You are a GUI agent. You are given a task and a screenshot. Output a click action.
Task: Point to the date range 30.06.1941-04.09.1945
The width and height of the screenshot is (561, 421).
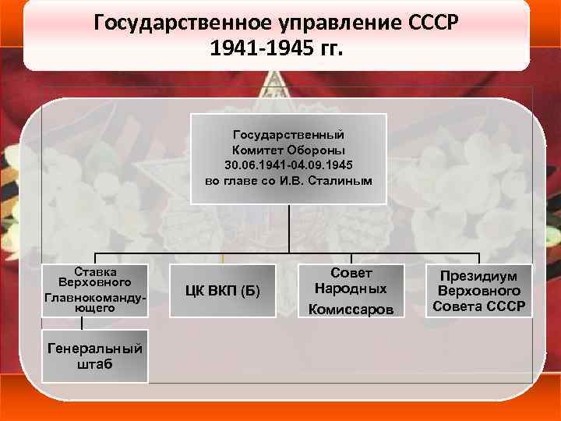coord(288,166)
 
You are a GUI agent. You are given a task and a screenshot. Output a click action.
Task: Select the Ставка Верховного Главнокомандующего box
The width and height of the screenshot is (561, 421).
coord(95,290)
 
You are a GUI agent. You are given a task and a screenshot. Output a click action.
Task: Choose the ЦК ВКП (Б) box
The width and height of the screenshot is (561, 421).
coord(223,292)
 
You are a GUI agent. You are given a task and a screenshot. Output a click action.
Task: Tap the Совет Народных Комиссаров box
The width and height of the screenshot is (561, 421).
coord(351,291)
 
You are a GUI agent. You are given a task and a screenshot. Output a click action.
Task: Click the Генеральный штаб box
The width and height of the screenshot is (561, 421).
coord(95,356)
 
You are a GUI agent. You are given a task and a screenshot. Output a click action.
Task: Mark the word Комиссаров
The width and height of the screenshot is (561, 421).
coord(351,310)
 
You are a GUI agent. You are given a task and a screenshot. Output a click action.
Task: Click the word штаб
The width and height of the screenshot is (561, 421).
coord(95,364)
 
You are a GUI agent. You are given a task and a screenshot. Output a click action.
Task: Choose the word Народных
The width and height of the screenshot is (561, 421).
coord(351,289)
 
